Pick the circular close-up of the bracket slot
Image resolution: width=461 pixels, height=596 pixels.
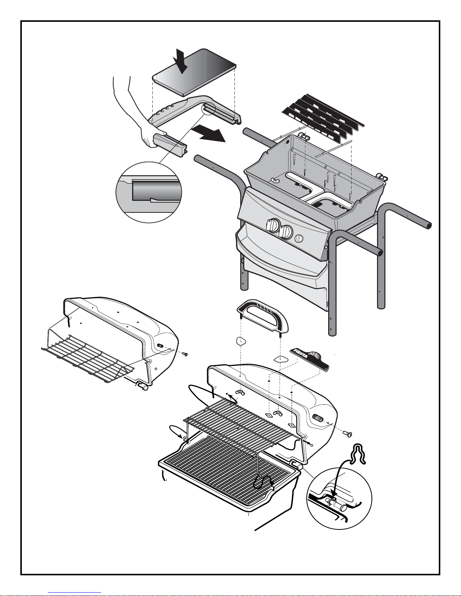pos(149,192)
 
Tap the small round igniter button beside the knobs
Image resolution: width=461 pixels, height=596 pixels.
pos(299,238)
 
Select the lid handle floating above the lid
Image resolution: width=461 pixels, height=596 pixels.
pos(262,315)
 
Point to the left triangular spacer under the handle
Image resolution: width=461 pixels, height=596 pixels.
pos(241,341)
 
